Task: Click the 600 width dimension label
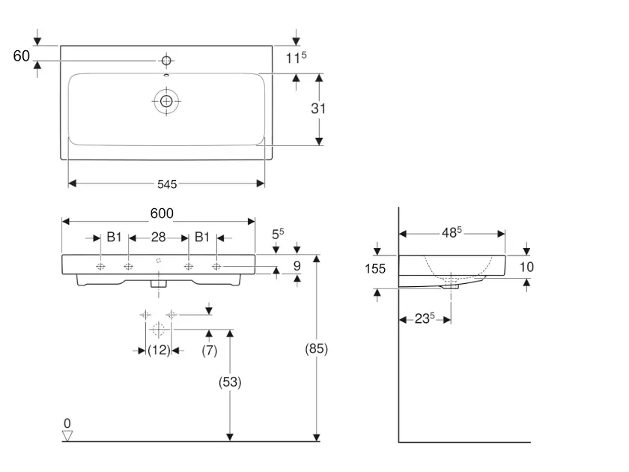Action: (x=162, y=214)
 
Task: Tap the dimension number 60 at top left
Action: (x=21, y=56)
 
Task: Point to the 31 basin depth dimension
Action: (x=319, y=108)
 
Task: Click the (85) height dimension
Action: (x=317, y=348)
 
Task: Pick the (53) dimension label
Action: (x=230, y=381)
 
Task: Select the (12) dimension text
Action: (x=159, y=349)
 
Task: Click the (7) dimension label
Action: (x=210, y=349)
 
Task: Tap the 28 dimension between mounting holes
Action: (x=158, y=237)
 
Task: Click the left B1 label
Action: (x=114, y=237)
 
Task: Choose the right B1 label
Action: (x=202, y=237)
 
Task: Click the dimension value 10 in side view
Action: (x=526, y=266)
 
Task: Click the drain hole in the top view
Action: (x=165, y=100)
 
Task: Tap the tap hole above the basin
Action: (x=165, y=60)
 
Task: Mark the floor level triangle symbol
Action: (x=68, y=435)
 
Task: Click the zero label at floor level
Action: (x=67, y=423)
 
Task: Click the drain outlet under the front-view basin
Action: (x=158, y=283)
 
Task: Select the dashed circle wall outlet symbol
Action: (x=158, y=330)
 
